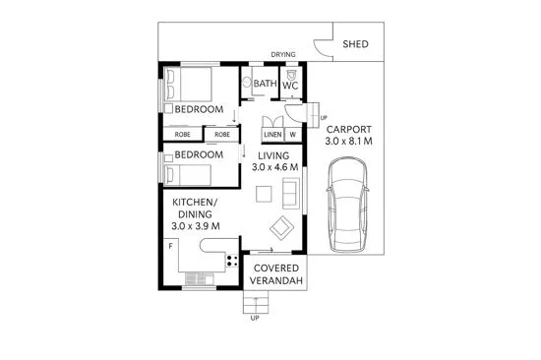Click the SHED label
pyautogui.click(x=357, y=45)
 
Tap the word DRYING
pyautogui.click(x=284, y=55)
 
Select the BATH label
pyautogui.click(x=265, y=86)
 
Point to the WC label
pyautogui.click(x=291, y=86)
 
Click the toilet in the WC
pyautogui.click(x=292, y=73)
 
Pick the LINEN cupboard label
pyautogui.click(x=272, y=134)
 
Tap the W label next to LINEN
pyautogui.click(x=292, y=134)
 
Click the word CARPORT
pyautogui.click(x=349, y=129)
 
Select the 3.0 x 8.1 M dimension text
pyautogui.click(x=349, y=143)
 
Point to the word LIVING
pyautogui.click(x=273, y=155)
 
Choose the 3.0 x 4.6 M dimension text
pyautogui.click(x=273, y=168)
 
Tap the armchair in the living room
pyautogui.click(x=283, y=228)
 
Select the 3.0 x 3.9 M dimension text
pyautogui.click(x=195, y=226)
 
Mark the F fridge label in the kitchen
pyautogui.click(x=170, y=244)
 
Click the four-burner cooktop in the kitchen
pyautogui.click(x=233, y=261)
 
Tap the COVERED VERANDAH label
pyautogui.click(x=276, y=274)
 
